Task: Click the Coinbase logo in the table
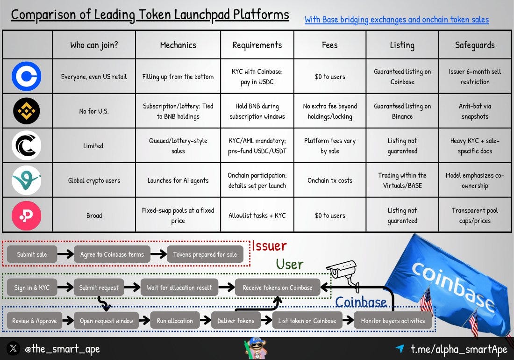pos(27,76)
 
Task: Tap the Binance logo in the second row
pos(27,111)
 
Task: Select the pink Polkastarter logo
pos(27,215)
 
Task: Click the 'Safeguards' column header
pos(475,45)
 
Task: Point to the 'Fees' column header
pos(330,45)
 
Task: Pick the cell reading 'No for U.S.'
pos(94,111)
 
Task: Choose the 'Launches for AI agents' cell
pos(178,180)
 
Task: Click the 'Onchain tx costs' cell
pos(330,180)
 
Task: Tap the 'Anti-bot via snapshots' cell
pos(475,111)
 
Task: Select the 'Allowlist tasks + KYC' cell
pos(257,216)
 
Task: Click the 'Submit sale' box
pos(32,254)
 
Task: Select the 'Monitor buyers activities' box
pos(393,321)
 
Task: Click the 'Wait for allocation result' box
pos(179,288)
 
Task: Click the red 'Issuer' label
pos(269,246)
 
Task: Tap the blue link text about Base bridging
pos(397,20)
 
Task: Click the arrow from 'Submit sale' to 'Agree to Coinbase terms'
pos(65,255)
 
